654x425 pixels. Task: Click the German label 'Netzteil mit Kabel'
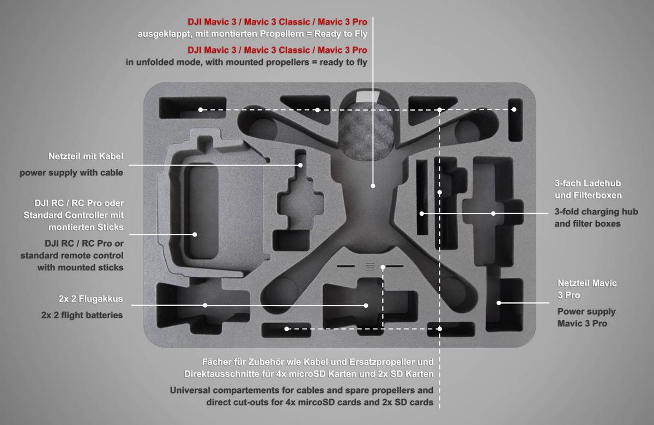point(86,157)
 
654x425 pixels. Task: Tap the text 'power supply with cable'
point(71,173)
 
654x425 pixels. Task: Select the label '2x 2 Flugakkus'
point(90,299)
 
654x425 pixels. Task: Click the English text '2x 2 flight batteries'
point(82,315)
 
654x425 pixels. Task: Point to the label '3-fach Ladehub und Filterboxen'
point(588,189)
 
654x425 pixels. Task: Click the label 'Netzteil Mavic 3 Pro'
point(587,289)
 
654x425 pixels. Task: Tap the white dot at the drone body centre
point(373,186)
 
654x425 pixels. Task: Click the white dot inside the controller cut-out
point(195,234)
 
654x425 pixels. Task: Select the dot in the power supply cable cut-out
point(299,165)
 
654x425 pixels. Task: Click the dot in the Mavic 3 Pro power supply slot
point(498,302)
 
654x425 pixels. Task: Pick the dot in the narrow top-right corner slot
point(514,110)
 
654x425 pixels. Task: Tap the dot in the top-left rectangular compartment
point(201,110)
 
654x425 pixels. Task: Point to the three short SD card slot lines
point(370,266)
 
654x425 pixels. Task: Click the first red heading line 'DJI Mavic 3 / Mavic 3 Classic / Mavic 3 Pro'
point(277,22)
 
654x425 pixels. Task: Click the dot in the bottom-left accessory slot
point(287,329)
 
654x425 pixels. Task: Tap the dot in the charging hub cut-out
point(493,213)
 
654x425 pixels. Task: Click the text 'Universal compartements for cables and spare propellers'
point(301,390)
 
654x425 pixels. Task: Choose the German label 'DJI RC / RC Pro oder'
point(74,203)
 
